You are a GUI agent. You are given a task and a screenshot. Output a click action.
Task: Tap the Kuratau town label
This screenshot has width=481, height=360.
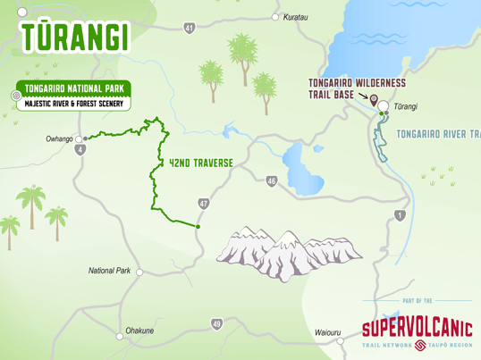click(x=295, y=17)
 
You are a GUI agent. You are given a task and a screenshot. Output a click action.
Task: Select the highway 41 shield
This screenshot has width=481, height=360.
click(x=190, y=29)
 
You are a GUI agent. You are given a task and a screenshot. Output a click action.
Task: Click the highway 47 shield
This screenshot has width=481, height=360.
click(x=204, y=204)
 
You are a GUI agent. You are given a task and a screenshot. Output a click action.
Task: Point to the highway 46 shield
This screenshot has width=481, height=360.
click(x=271, y=181)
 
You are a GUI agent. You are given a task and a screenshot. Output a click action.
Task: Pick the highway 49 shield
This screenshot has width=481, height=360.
click(x=217, y=323)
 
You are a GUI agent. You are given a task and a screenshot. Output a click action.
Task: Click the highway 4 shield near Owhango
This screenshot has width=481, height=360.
click(x=81, y=149)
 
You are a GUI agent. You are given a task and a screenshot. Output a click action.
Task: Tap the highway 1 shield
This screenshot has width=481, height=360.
click(x=400, y=215)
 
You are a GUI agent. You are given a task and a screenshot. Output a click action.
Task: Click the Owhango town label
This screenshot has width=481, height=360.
click(x=58, y=139)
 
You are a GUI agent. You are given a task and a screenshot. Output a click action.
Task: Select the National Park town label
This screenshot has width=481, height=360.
click(x=109, y=271)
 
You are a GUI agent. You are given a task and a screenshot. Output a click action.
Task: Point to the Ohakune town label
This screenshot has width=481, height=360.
click(x=139, y=331)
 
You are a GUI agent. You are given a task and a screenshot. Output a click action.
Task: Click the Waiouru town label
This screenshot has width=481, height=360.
click(x=327, y=332)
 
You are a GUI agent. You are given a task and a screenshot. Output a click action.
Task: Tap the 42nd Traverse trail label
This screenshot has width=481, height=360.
click(x=201, y=163)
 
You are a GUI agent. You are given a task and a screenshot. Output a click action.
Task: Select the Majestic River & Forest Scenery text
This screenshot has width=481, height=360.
click(x=72, y=104)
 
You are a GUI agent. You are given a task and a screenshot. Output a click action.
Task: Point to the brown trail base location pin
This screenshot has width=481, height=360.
click(x=374, y=100)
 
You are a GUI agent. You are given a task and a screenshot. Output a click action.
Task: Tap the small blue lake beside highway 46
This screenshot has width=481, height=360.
click(x=297, y=163)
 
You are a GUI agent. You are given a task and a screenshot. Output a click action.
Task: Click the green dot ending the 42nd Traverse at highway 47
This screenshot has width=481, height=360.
click(x=197, y=227)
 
